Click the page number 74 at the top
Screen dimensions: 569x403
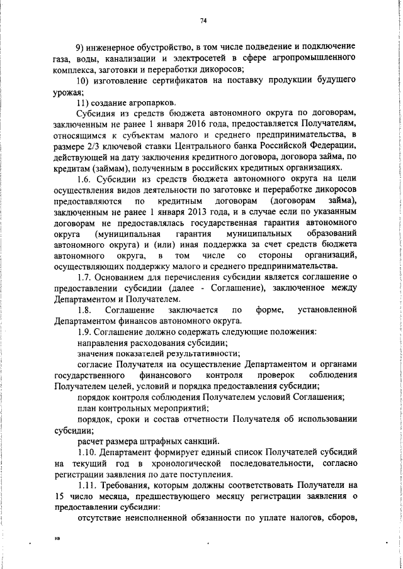(203, 21)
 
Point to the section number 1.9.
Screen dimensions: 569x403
(84, 331)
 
